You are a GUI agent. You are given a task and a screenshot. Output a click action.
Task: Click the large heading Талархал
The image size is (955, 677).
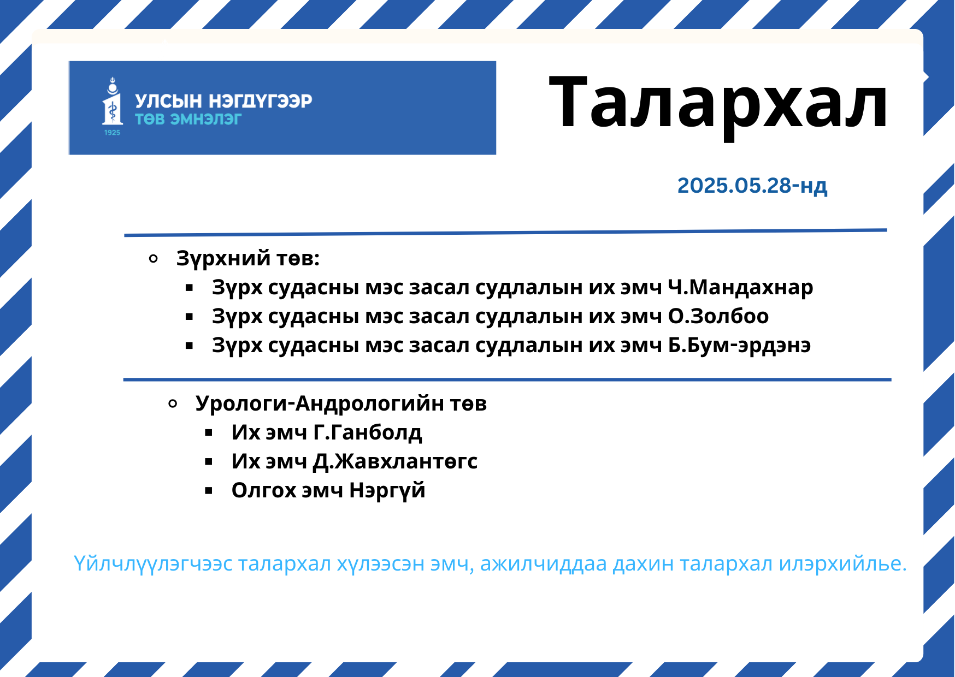coord(718,104)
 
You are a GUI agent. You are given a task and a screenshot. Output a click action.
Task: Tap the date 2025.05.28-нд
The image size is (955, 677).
coord(752,186)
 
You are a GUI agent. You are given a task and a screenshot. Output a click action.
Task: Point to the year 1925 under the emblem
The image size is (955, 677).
coord(112,132)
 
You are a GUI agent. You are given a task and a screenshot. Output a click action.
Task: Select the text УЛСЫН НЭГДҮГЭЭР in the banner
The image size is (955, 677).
coord(223,101)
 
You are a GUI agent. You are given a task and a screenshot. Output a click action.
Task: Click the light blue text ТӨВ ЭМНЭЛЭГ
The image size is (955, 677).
coord(188,119)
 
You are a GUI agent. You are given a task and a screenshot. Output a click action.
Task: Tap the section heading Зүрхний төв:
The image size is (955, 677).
coord(247,258)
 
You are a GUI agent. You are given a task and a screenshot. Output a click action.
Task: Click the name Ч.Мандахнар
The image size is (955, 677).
coord(740,287)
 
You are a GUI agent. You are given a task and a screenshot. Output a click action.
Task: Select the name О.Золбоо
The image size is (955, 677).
coord(718,316)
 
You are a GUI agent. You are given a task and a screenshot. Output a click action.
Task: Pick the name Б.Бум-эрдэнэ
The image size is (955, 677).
coord(739,345)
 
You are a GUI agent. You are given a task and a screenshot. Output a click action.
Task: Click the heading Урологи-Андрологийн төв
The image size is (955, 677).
coord(341,403)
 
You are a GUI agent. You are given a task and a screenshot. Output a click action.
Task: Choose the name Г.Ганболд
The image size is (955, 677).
coord(367,432)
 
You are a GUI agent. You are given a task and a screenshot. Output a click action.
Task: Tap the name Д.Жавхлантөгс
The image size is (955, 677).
coord(395,461)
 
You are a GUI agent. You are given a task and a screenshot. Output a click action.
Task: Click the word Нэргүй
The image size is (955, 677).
coord(387,490)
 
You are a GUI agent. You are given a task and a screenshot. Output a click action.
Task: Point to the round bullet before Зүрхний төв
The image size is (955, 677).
coord(154,259)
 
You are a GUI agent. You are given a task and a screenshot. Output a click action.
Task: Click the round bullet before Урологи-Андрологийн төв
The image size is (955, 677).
coord(173,404)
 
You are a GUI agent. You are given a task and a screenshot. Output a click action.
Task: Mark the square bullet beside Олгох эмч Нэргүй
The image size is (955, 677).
coord(209,491)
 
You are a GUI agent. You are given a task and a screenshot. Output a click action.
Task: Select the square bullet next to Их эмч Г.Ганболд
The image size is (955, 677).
coord(209,433)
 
